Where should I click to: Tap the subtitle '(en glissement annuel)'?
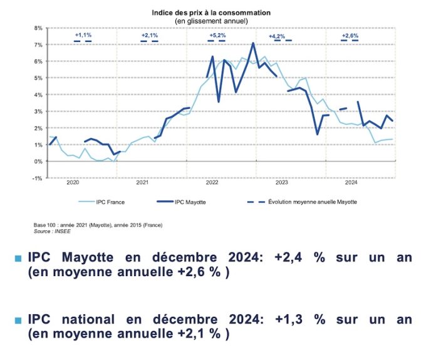(x=211, y=21)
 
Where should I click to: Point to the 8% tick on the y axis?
(x=38, y=28)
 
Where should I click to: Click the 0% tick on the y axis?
(x=38, y=162)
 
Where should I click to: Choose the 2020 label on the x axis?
(x=73, y=183)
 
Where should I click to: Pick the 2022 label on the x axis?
(x=212, y=183)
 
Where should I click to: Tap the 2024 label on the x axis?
(x=351, y=183)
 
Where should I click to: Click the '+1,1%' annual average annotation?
(x=83, y=36)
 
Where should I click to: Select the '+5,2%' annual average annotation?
(x=217, y=36)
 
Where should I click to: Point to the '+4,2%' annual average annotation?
(x=277, y=36)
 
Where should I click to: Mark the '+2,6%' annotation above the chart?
(x=350, y=36)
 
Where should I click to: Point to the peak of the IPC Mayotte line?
(x=252, y=43)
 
